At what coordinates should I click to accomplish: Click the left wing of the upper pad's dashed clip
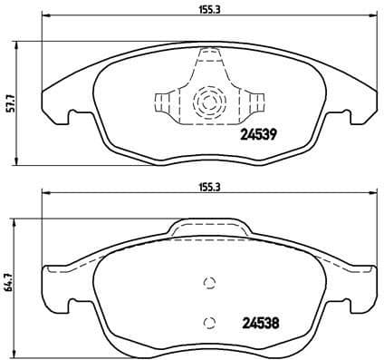coord(165,101)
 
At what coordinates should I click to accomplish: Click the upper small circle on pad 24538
coord(209,282)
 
